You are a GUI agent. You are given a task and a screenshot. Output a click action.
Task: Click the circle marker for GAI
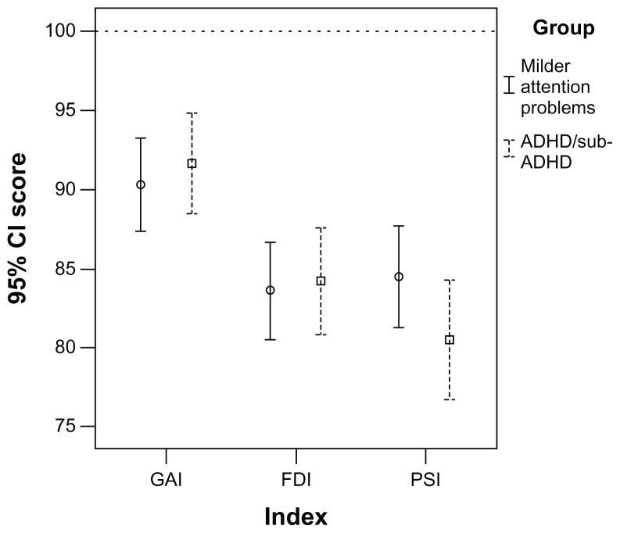(141, 184)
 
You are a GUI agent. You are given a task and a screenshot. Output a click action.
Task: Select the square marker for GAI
(192, 163)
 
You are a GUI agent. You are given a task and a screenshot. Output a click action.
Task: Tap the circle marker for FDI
(271, 290)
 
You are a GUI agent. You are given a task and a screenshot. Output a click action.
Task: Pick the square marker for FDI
(321, 281)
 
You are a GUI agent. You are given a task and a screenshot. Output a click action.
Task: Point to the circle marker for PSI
(399, 277)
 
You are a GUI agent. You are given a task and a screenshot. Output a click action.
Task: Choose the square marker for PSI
(450, 340)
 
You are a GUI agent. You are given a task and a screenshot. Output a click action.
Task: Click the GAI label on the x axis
(167, 480)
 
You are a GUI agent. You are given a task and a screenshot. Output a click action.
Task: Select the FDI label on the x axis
(296, 480)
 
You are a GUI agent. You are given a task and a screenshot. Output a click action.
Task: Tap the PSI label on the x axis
(424, 480)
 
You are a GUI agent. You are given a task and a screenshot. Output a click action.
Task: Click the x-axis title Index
(296, 517)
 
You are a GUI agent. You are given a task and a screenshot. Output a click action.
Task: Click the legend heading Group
(563, 29)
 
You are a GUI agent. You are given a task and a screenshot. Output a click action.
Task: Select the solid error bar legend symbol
(508, 85)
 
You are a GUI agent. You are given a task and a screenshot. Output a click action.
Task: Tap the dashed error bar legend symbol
(508, 148)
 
